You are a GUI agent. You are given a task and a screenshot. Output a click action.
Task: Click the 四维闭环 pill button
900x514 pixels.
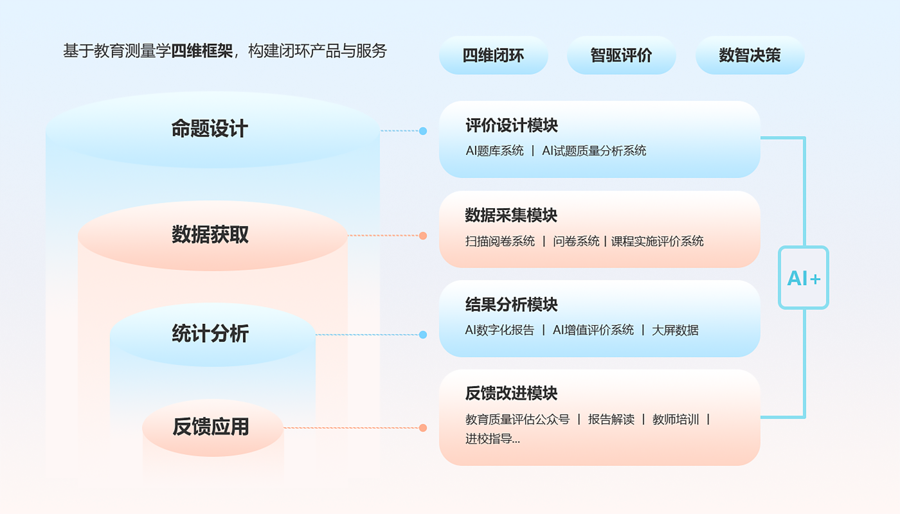pyautogui.click(x=493, y=55)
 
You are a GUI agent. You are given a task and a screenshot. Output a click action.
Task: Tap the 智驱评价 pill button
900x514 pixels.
pyautogui.click(x=621, y=55)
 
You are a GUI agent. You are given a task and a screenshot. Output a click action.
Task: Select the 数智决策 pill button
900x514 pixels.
pyautogui.click(x=750, y=55)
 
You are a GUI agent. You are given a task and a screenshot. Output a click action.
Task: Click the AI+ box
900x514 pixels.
pyautogui.click(x=804, y=278)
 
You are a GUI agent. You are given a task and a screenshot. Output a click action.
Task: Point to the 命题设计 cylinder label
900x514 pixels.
pyautogui.click(x=210, y=129)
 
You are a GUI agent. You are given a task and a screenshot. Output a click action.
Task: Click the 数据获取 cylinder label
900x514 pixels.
pyautogui.click(x=210, y=235)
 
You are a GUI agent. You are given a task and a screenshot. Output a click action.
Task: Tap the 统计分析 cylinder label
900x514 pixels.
pyautogui.click(x=210, y=334)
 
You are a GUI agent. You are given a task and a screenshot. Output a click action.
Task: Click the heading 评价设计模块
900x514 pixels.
pyautogui.click(x=512, y=125)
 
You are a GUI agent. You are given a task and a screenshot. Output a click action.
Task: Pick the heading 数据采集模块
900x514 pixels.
pyautogui.click(x=511, y=215)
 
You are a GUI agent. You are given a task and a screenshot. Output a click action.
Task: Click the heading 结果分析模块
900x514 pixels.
pyautogui.click(x=511, y=304)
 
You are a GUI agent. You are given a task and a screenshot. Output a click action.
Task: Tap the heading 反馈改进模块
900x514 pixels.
pyautogui.click(x=511, y=393)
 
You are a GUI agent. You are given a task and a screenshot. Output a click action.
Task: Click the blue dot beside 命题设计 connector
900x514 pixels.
pyautogui.click(x=423, y=131)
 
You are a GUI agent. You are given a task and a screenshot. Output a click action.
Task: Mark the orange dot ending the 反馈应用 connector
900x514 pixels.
pyautogui.click(x=423, y=428)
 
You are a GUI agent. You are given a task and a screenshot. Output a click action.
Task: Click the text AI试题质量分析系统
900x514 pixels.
pyautogui.click(x=594, y=151)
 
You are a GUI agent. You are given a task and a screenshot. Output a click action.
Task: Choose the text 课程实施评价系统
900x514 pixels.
pyautogui.click(x=657, y=242)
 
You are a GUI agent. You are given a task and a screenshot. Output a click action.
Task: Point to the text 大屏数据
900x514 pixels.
pyautogui.click(x=675, y=330)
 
